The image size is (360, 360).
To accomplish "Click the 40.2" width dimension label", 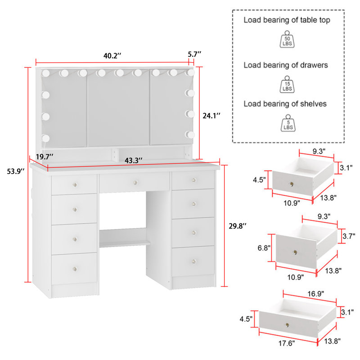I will (112, 56).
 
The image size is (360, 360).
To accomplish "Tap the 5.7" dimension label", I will (194, 54).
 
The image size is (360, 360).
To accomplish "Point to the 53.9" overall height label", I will (13, 171).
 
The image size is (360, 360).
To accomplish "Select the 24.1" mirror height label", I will (211, 116).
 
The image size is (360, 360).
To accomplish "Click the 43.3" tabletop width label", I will (134, 160).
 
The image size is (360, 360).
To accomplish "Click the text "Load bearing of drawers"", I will (286, 65).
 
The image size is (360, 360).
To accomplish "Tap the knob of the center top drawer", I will (135, 182).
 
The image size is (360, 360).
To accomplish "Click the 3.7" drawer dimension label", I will (349, 235).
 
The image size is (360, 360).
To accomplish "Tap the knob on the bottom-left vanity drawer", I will (74, 269).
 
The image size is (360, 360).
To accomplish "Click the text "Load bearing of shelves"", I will (285, 104).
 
